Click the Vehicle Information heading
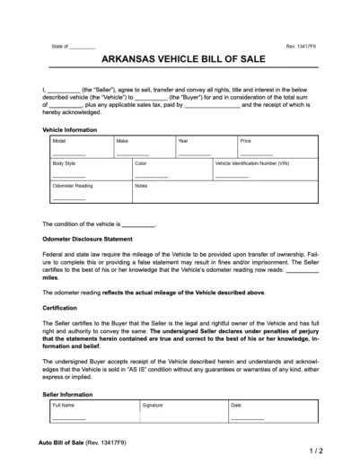point(70,129)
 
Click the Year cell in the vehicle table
point(204,147)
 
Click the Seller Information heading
point(66,394)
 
